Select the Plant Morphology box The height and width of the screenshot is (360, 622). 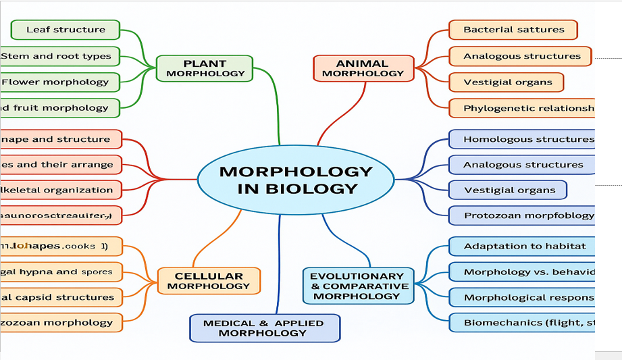click(205, 68)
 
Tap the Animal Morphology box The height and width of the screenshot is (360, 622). click(363, 68)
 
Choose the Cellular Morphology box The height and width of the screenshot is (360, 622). click(209, 280)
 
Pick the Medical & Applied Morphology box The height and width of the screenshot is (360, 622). click(265, 328)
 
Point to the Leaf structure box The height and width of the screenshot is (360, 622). click(66, 30)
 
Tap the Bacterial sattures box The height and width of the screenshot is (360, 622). click(513, 30)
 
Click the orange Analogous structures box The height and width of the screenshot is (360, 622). click(520, 56)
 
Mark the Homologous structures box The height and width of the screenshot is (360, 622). click(523, 140)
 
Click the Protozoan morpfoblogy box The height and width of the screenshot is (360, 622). click(523, 216)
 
